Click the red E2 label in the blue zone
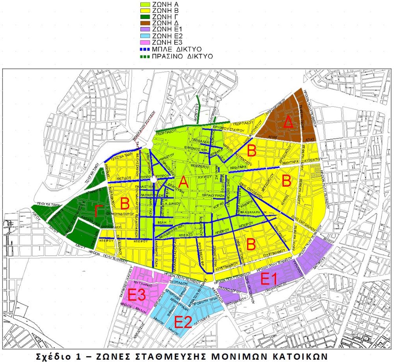[x=182, y=322]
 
